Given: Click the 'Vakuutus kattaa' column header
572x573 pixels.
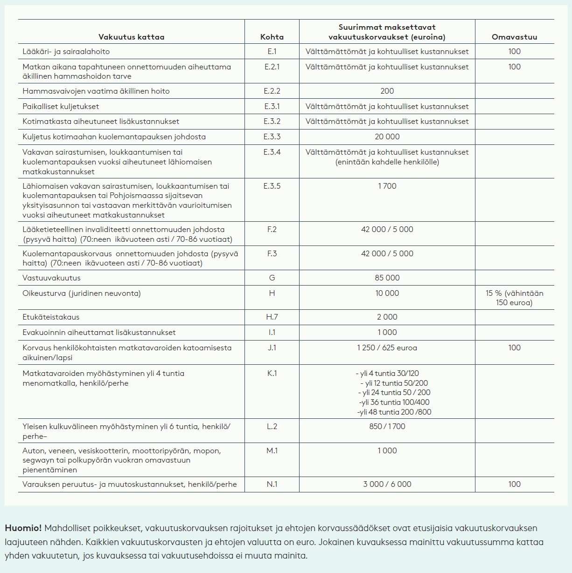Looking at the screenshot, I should point(131,37).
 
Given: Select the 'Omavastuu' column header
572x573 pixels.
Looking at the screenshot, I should point(514,37).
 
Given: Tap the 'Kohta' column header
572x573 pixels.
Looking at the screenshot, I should point(272,37).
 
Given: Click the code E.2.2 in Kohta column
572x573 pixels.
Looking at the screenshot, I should point(272,91).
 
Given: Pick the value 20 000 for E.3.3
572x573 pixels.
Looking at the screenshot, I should point(387,137).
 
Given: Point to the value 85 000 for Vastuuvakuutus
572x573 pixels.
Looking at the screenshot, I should point(387,278).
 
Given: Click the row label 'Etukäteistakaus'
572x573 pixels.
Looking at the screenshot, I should point(51,317).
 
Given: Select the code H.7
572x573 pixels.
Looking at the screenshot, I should point(272,317).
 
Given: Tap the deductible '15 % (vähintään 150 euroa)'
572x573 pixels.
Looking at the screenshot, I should point(514,298).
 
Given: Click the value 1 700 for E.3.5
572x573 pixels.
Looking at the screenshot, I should point(387,186).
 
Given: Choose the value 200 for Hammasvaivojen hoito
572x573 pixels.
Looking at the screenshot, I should point(387,91).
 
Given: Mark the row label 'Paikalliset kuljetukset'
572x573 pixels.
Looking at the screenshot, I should point(61,107).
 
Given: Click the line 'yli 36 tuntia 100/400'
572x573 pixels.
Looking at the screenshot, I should point(394,402).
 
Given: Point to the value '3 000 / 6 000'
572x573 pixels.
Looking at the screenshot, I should point(387,484).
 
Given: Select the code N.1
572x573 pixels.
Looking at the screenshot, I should point(272,484).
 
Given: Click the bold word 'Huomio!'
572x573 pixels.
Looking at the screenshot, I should point(23,528).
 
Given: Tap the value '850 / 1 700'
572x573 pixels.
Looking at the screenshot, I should point(387,427).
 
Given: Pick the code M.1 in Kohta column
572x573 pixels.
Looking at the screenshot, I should point(272,451).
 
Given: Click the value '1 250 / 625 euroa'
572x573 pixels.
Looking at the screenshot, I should point(387,348).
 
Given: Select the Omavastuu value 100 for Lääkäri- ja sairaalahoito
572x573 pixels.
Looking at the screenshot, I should point(514,52).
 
